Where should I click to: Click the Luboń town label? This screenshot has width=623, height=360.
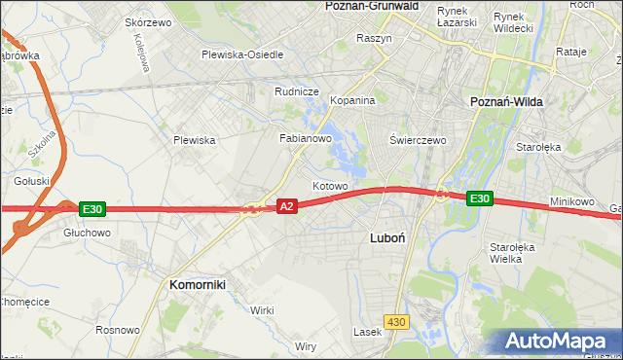(x=393, y=236)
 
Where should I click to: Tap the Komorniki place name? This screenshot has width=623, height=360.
(x=198, y=284)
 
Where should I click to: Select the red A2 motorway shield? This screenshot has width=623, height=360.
(x=286, y=206)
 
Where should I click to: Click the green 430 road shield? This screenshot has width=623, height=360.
(x=395, y=321)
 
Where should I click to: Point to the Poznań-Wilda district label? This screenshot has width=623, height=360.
(x=506, y=101)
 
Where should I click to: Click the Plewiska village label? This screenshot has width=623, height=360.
(x=194, y=140)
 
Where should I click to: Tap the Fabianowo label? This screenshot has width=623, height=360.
(x=307, y=138)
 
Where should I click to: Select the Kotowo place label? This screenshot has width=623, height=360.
(x=330, y=185)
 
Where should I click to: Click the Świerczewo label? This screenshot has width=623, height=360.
(x=418, y=140)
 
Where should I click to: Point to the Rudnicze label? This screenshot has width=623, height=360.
(x=297, y=91)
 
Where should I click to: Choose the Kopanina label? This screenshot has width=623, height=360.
(x=352, y=101)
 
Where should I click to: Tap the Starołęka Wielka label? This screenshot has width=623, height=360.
(x=512, y=253)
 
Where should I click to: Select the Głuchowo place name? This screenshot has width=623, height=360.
(x=86, y=233)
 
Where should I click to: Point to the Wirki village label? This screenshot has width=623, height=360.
(x=262, y=309)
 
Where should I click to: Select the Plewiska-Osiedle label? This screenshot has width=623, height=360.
(x=242, y=54)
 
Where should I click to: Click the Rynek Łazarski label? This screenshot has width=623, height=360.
(x=457, y=16)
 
